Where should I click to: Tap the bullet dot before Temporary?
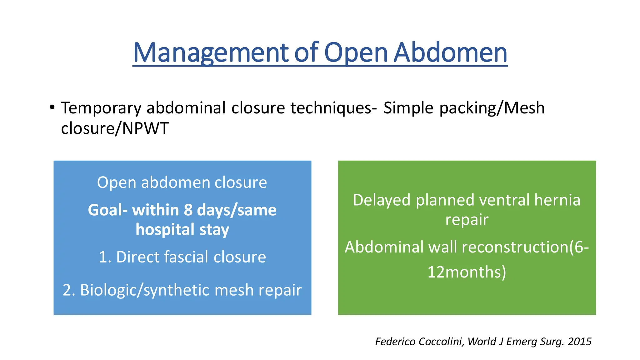[x=52, y=107]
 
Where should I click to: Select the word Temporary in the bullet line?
[x=101, y=108]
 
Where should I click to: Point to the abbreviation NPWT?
[x=145, y=128]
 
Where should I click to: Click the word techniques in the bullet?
[x=333, y=108]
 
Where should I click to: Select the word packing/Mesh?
[x=492, y=108]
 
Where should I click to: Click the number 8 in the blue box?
[x=188, y=210]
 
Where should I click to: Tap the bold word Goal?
[x=107, y=210]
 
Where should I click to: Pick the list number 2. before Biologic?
[x=69, y=290]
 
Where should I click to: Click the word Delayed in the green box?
[x=381, y=200]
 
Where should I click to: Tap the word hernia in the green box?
[x=557, y=200]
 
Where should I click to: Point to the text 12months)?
[x=467, y=272]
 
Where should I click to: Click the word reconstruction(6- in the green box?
[x=525, y=247]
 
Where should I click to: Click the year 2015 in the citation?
[x=580, y=342]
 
